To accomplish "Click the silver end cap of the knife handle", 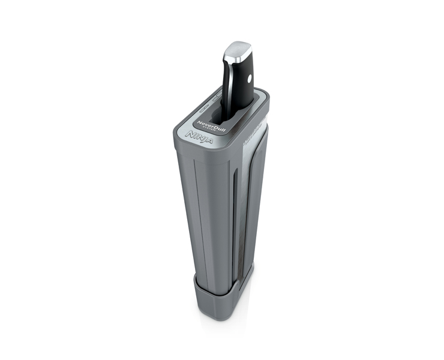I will [238, 50].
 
